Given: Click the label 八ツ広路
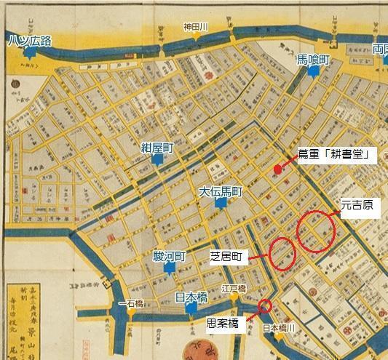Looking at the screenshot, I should tap(31, 40).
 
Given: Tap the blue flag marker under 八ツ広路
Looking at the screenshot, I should tap(29, 53).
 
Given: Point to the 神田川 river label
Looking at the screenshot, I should tap(195, 28).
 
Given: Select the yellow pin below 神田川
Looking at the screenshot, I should tap(196, 36).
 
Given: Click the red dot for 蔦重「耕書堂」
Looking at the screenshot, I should tap(277, 169).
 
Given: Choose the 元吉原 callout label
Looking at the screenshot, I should tap(356, 206).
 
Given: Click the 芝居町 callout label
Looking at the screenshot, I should tap(228, 257).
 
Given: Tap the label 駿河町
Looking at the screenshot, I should tap(170, 257).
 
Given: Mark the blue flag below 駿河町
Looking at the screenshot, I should tap(169, 269).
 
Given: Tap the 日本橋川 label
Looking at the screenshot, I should tap(280, 327).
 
